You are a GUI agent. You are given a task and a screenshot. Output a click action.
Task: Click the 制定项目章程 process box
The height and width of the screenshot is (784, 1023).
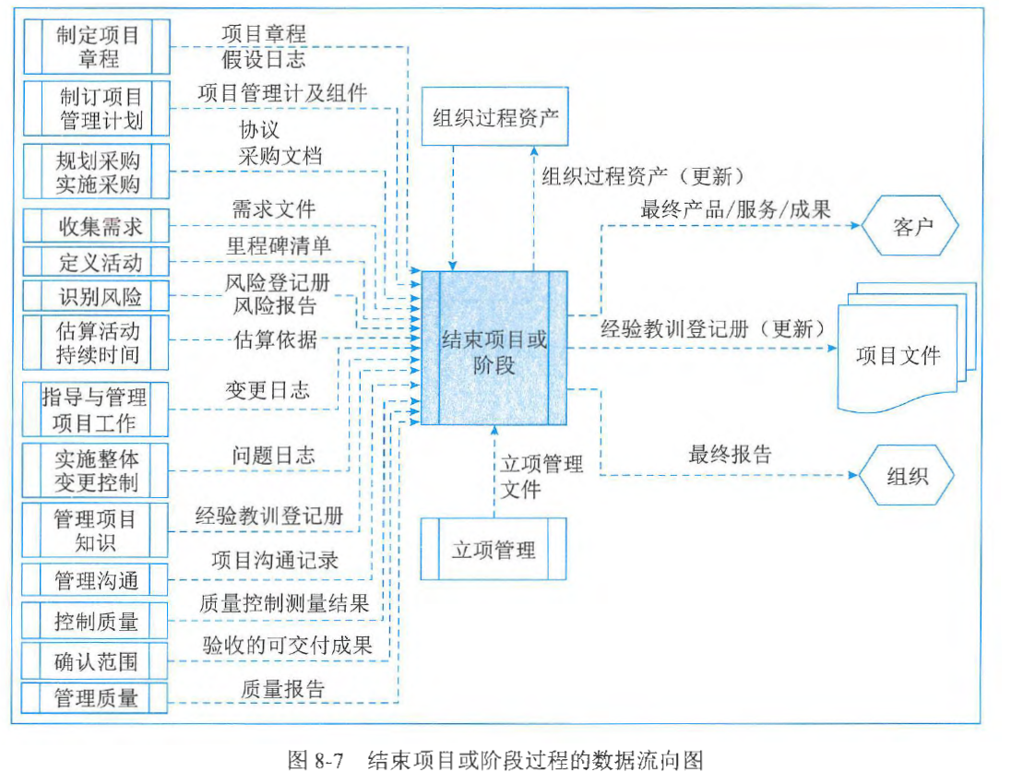tap(97, 48)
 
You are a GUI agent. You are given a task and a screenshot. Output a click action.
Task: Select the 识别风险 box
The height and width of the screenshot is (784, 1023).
tap(97, 296)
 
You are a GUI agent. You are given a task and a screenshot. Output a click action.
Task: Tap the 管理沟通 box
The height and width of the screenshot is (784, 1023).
tap(97, 581)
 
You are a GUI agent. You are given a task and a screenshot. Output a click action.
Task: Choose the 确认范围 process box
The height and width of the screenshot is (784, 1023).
tap(97, 659)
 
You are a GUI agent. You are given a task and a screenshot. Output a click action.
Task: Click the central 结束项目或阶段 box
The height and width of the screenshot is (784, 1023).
tap(494, 348)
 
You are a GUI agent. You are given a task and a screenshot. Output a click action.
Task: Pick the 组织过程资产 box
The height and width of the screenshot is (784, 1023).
tap(495, 117)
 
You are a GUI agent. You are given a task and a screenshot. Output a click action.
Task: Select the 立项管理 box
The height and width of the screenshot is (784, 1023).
tap(494, 551)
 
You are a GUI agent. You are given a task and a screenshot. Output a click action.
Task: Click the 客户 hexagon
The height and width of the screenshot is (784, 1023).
tap(910, 226)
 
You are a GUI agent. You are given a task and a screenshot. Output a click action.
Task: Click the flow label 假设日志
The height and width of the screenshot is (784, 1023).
tap(263, 61)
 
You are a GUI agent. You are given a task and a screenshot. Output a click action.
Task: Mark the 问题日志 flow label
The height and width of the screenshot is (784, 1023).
tap(273, 455)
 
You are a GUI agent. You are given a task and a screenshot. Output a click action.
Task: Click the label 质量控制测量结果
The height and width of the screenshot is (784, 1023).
tap(284, 604)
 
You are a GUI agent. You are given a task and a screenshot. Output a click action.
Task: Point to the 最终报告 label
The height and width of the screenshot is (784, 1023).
tap(730, 453)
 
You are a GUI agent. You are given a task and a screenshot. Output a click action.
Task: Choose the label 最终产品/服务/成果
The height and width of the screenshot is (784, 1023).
tap(735, 208)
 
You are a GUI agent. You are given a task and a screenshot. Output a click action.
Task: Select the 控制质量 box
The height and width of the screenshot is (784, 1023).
tap(97, 621)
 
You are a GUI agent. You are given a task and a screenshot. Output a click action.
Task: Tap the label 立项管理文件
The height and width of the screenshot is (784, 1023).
tap(541, 476)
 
